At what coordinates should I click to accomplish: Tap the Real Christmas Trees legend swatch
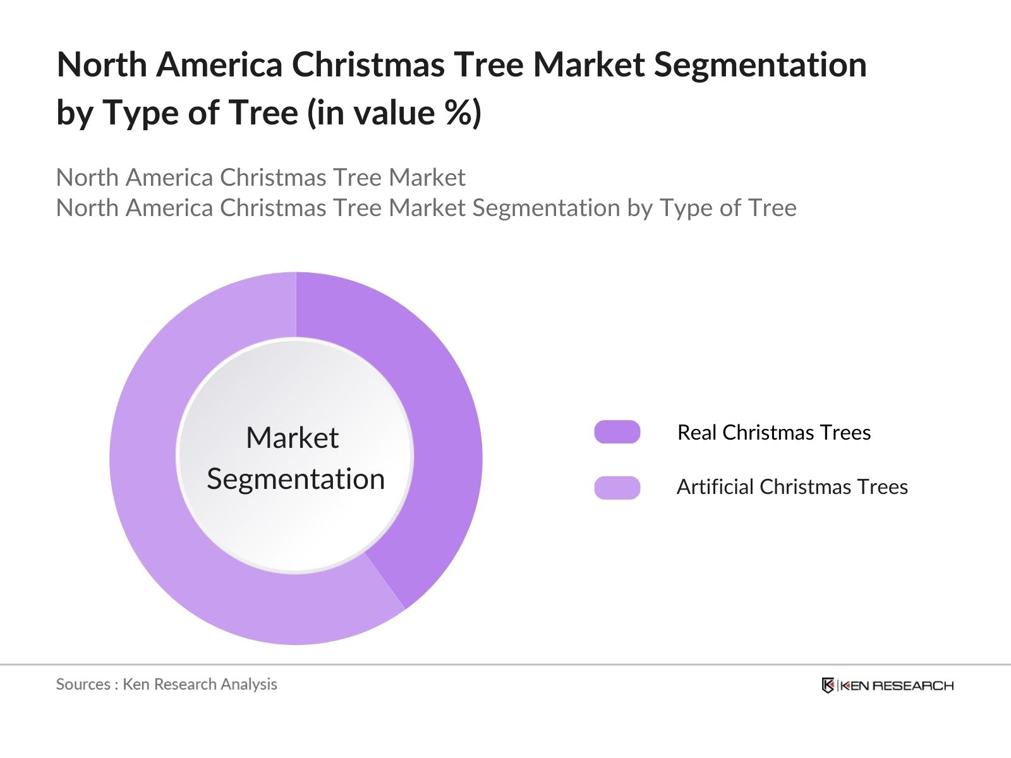click(x=617, y=432)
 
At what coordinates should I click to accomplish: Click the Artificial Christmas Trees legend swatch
click(x=617, y=487)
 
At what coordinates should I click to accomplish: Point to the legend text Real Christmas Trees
click(x=773, y=433)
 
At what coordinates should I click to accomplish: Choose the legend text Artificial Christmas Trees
click(x=792, y=487)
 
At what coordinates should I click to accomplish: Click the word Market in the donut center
click(x=292, y=438)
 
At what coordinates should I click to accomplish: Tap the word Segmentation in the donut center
click(x=296, y=479)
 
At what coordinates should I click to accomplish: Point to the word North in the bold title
click(x=102, y=65)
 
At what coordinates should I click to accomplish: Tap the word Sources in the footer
click(x=83, y=684)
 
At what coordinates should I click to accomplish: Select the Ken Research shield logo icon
click(x=828, y=685)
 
